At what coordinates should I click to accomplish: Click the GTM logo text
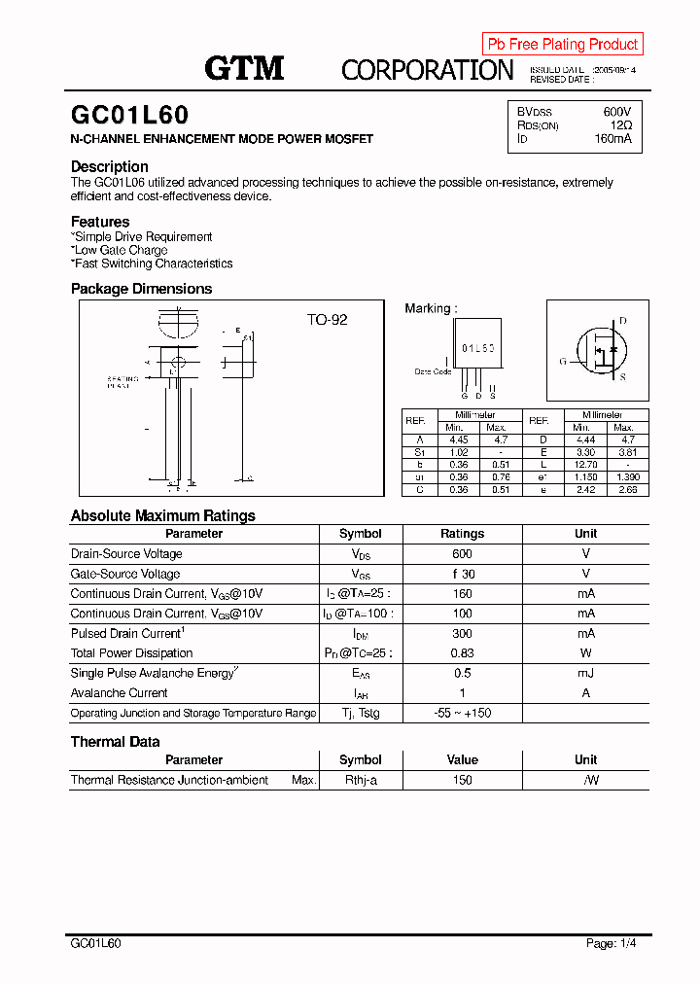[x=244, y=68]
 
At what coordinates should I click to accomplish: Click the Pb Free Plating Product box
[x=562, y=44]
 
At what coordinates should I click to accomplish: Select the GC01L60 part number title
[x=130, y=116]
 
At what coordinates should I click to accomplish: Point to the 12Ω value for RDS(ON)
[x=621, y=125]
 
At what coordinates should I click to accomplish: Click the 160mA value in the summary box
[x=612, y=139]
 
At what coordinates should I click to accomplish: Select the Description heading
[x=110, y=166]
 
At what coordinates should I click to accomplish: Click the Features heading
[x=100, y=222]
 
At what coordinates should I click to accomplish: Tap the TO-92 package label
[x=327, y=320]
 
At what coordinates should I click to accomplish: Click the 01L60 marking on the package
[x=477, y=347]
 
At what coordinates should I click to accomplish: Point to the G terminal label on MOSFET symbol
[x=562, y=361]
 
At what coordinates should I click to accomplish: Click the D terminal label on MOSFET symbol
[x=622, y=321]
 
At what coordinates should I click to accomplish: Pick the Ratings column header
[x=462, y=534]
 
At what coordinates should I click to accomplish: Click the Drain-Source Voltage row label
[x=126, y=554]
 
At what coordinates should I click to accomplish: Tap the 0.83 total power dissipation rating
[x=462, y=653]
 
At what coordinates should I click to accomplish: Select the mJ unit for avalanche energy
[x=585, y=673]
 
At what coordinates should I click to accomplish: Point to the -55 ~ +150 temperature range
[x=462, y=713]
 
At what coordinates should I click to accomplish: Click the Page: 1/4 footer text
[x=612, y=943]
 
